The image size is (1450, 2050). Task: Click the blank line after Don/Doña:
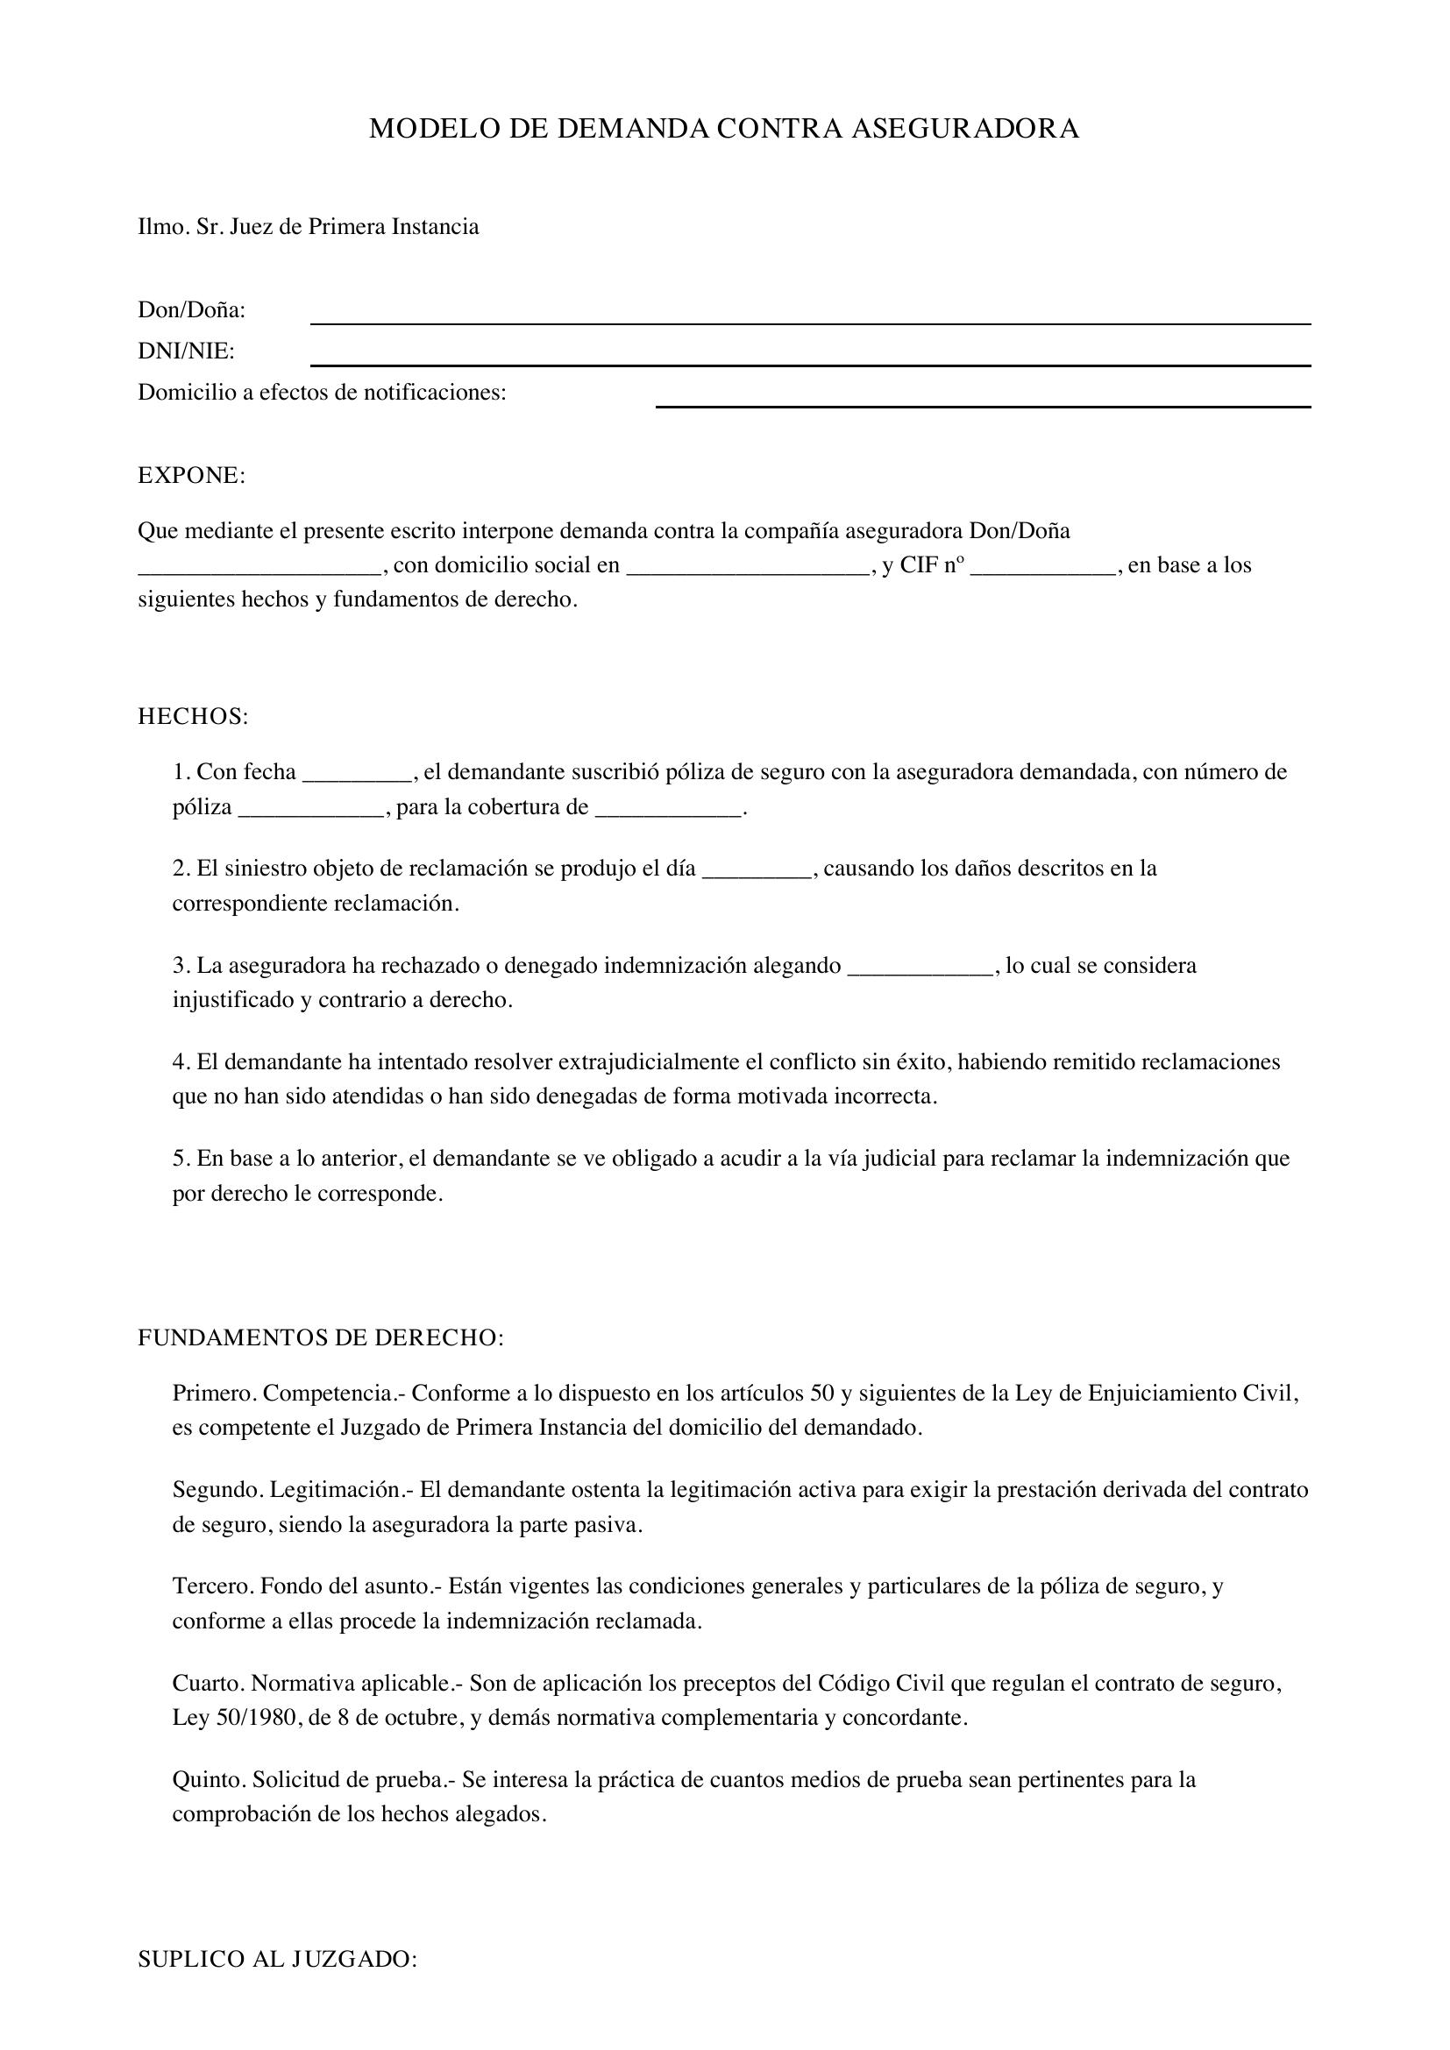[810, 322]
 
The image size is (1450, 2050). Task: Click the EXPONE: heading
[191, 476]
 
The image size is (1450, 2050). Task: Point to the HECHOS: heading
[193, 717]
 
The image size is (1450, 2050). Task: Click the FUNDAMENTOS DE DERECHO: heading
[321, 1338]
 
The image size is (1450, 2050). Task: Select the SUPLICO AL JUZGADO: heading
[278, 1960]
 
